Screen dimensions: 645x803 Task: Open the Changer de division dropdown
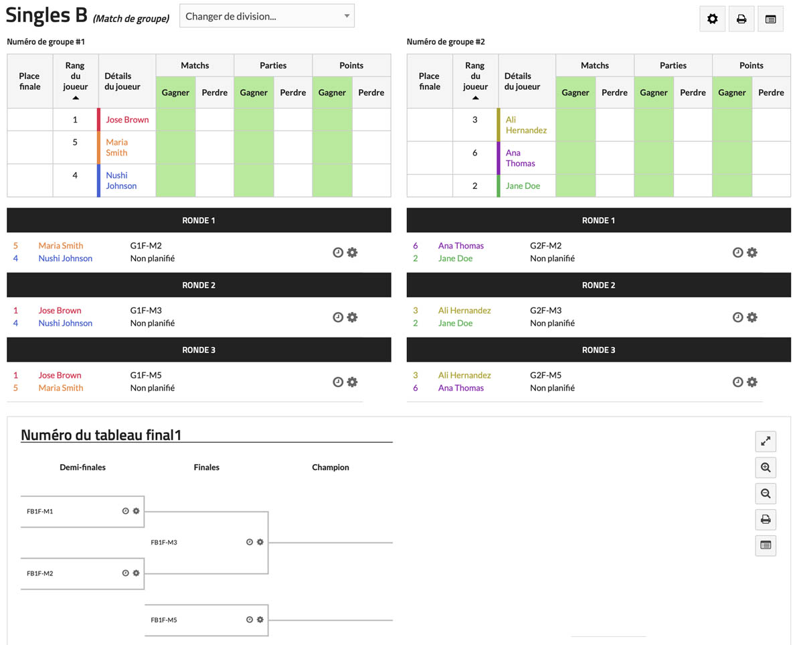pyautogui.click(x=266, y=16)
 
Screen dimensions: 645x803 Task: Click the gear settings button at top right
pyautogui.click(x=712, y=19)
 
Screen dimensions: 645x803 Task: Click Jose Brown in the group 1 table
pyautogui.click(x=127, y=120)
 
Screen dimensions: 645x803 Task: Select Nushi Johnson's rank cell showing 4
pyautogui.click(x=75, y=175)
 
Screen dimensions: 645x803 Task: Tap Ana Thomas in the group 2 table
pyautogui.click(x=520, y=158)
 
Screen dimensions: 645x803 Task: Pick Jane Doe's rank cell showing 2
pyautogui.click(x=474, y=186)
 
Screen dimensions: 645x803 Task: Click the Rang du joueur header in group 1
pyautogui.click(x=75, y=81)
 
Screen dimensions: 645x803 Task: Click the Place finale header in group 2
pyautogui.click(x=429, y=81)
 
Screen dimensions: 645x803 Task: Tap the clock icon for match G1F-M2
pyautogui.click(x=338, y=253)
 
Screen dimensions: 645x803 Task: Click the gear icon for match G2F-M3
pyautogui.click(x=752, y=317)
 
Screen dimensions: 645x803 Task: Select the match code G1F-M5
pyautogui.click(x=146, y=376)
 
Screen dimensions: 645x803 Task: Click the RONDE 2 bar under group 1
pyautogui.click(x=199, y=285)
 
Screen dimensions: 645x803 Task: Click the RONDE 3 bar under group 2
pyautogui.click(x=598, y=350)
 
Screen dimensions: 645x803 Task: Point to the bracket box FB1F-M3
pyautogui.click(x=206, y=543)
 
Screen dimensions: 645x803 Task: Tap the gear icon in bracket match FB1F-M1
pyautogui.click(x=136, y=511)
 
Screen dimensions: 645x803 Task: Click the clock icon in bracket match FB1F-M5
pyautogui.click(x=250, y=620)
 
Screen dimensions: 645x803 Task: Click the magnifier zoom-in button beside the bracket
pyautogui.click(x=766, y=468)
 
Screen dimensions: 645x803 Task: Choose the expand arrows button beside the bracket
pyautogui.click(x=766, y=441)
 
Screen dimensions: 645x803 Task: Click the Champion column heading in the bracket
pyautogui.click(x=331, y=468)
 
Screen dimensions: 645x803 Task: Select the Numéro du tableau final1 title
pyautogui.click(x=101, y=435)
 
